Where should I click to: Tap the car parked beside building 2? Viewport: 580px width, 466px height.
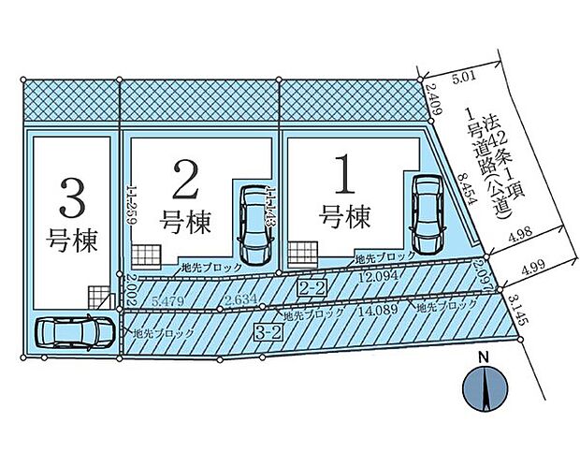coord(254,224)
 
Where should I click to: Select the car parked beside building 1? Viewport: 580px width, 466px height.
coord(427,213)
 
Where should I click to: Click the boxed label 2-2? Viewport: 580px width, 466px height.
coord(311,286)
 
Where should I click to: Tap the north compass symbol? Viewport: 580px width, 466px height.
coord(484,387)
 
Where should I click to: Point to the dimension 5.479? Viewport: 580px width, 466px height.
coord(167,300)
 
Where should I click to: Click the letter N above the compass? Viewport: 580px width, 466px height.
coord(484,357)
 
